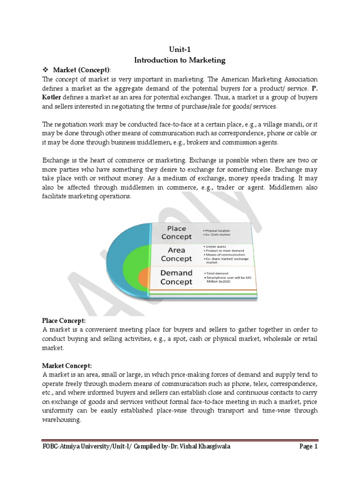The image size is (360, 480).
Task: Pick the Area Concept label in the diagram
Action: [176, 255]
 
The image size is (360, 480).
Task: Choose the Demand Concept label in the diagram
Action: [176, 277]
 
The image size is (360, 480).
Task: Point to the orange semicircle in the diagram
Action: [143, 279]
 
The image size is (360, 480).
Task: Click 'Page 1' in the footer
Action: [308, 447]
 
